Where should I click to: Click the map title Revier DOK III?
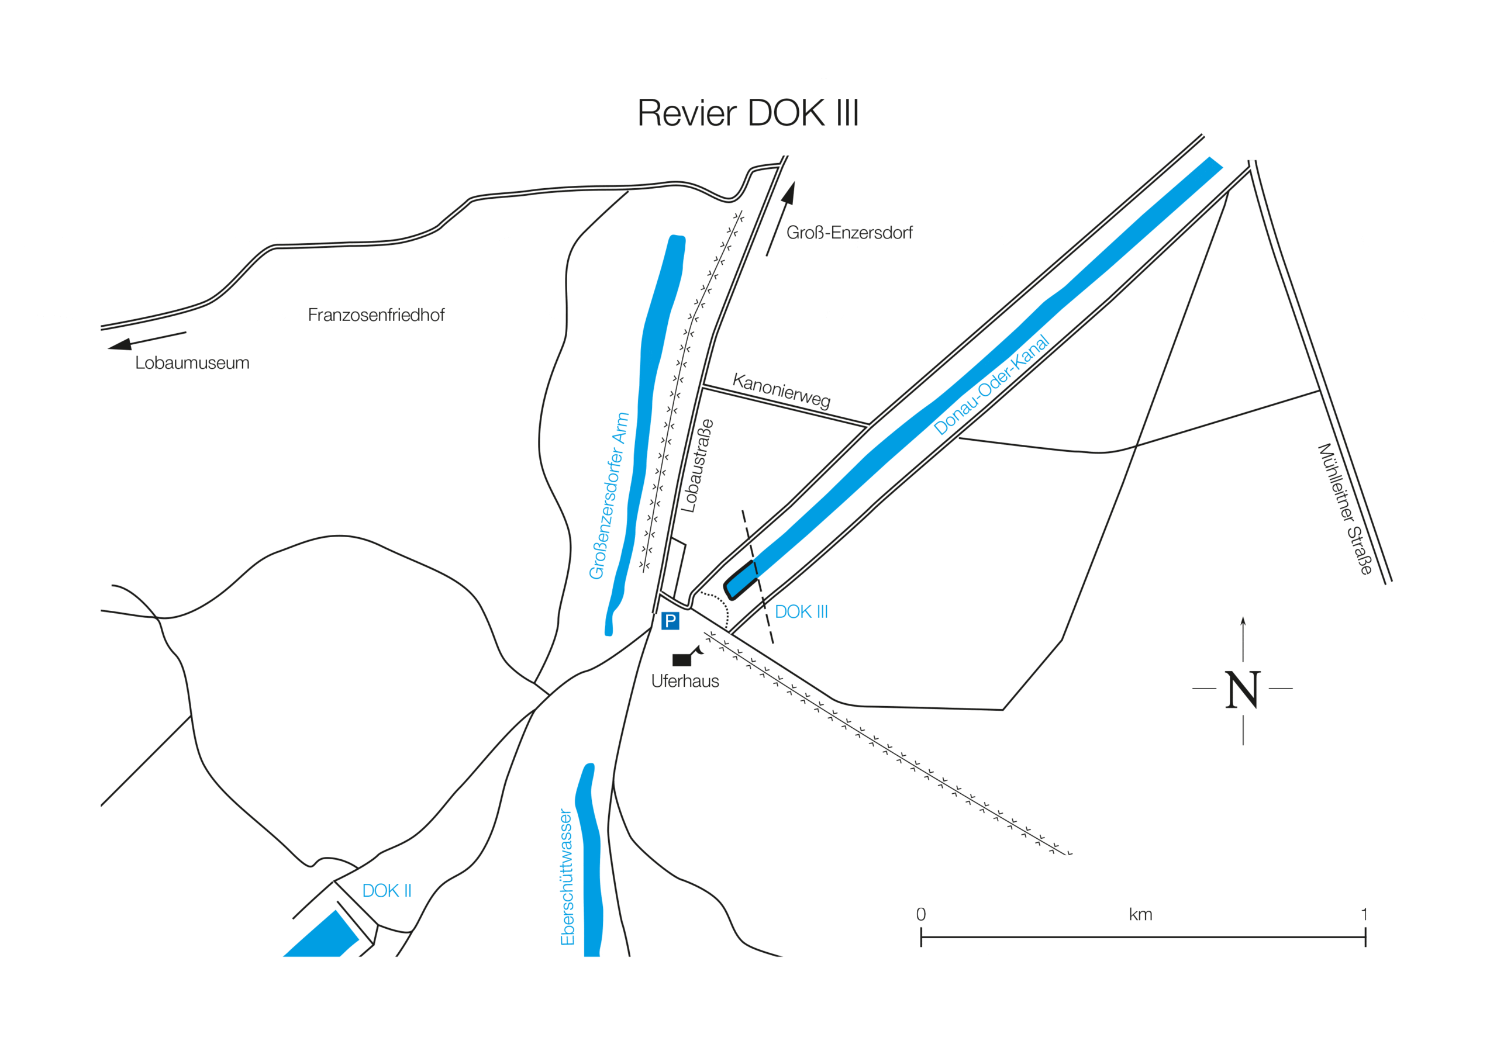[748, 113]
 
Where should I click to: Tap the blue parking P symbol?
[670, 621]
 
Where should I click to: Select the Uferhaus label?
[685, 681]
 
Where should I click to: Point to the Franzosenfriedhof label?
[375, 315]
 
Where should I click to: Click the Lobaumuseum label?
[192, 363]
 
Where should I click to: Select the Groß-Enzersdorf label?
[849, 233]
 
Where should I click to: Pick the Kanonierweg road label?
[781, 390]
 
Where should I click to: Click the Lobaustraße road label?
[697, 465]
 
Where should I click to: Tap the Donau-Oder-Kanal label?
[991, 385]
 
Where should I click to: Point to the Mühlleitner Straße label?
[1344, 509]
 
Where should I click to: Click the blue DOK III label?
[801, 612]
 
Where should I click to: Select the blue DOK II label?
[387, 890]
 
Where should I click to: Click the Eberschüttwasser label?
[567, 877]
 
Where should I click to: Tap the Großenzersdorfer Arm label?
[608, 496]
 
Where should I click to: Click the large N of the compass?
[1243, 690]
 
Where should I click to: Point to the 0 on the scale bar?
[920, 914]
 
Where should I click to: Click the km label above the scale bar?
[1140, 915]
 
